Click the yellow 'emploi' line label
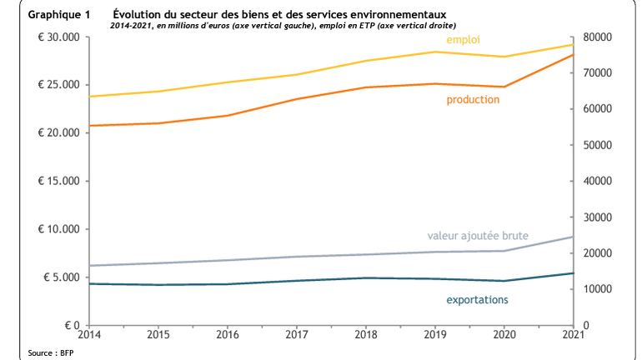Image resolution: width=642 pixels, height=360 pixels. point(463,40)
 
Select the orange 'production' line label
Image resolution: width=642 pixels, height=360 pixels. point(473,99)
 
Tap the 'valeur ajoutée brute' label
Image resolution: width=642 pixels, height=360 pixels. point(478,236)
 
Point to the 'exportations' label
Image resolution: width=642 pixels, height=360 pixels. point(477,299)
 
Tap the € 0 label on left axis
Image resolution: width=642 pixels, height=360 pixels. point(68,325)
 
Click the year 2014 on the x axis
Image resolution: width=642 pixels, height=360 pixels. point(89,335)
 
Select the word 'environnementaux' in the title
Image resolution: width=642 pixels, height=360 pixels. point(399,15)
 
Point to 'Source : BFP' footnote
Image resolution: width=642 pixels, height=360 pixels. point(51,353)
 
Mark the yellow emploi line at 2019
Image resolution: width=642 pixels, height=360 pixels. point(434,52)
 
